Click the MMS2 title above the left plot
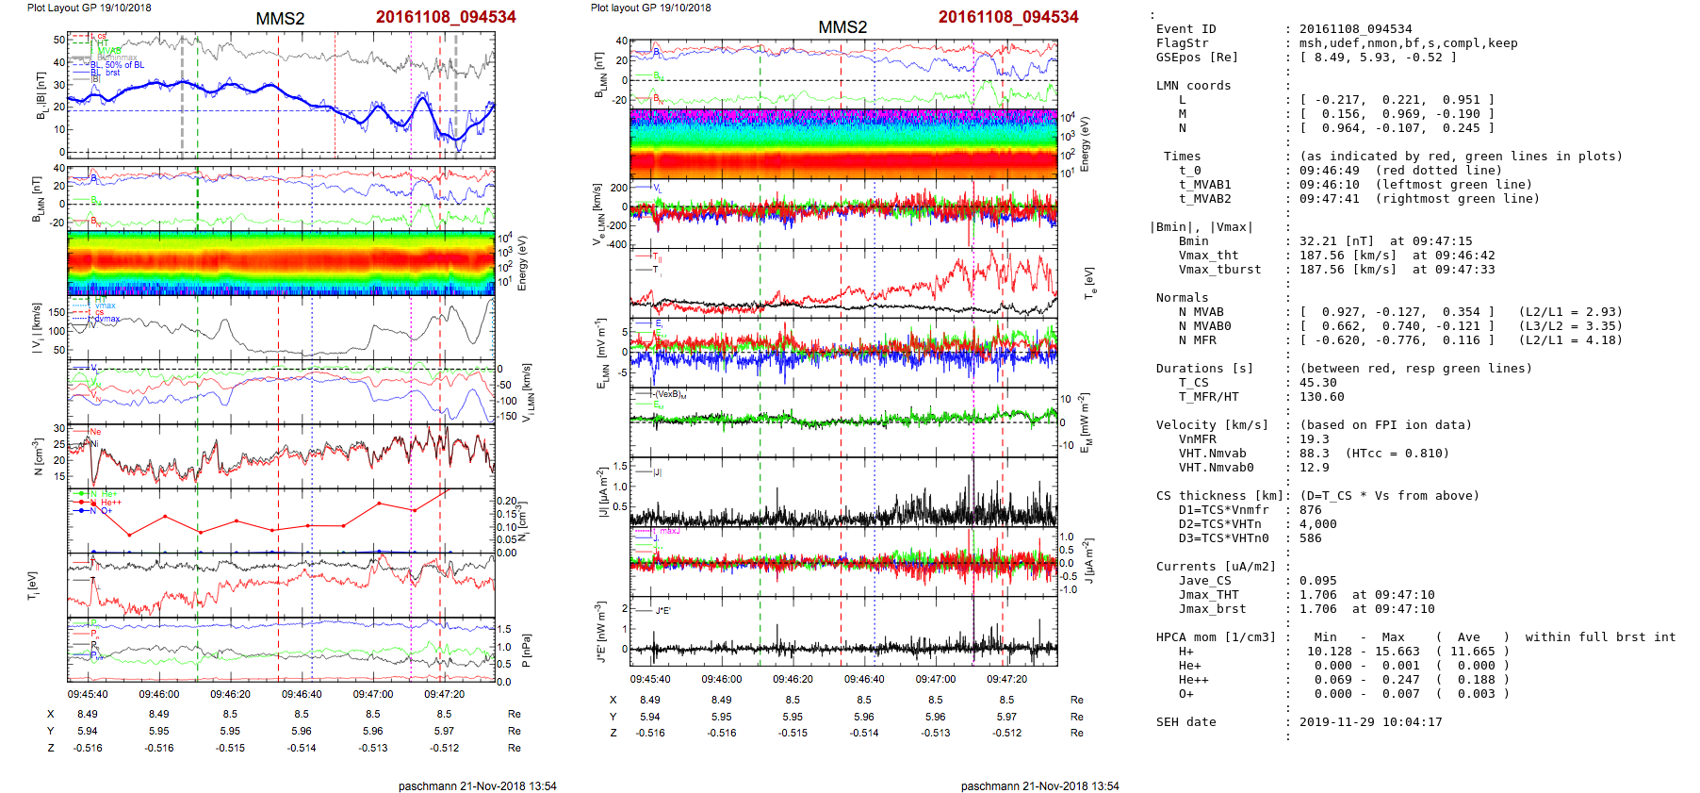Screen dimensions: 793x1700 (280, 19)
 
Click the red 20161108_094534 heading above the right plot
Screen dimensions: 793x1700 (1007, 17)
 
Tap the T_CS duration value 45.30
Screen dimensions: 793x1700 (1317, 383)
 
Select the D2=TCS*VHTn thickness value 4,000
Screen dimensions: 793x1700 (1317, 524)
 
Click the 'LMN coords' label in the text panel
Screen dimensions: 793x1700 (1193, 86)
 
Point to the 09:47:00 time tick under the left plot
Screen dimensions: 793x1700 (373, 694)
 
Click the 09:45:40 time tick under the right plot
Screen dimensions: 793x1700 (650, 679)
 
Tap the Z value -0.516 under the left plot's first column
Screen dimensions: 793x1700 (88, 748)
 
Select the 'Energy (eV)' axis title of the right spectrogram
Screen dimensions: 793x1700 (1085, 144)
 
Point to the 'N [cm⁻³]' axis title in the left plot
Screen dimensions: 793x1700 (38, 457)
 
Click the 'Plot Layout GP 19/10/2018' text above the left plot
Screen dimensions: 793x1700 (89, 8)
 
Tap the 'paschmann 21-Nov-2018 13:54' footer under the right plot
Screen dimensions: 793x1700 (1039, 785)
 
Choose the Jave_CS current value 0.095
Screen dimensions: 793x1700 (1317, 581)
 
